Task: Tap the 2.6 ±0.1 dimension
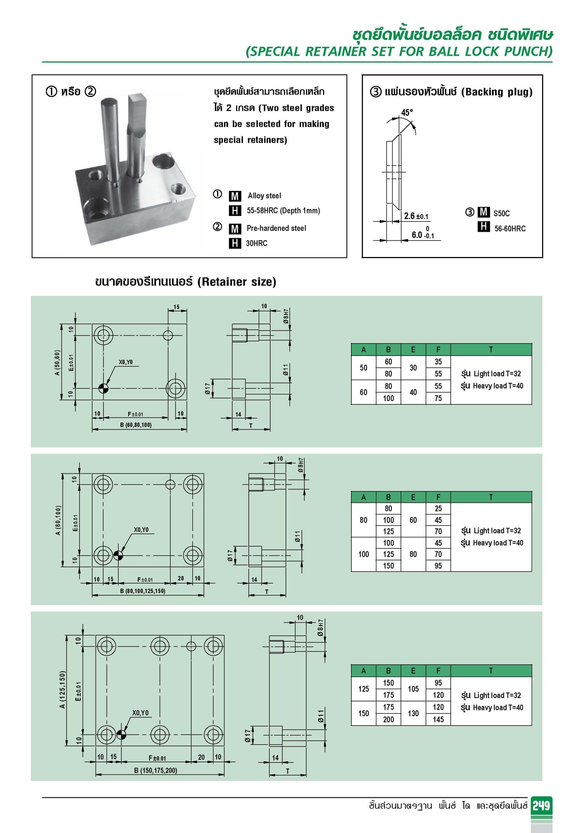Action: [x=416, y=216]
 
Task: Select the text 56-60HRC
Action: [x=510, y=229]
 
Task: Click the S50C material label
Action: [x=501, y=213]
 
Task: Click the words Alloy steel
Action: [x=264, y=196]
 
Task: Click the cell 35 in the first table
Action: [x=438, y=362]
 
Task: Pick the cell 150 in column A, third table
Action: [x=363, y=713]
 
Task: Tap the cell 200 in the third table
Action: [x=388, y=720]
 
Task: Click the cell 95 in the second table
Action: [x=438, y=566]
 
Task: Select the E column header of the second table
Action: [x=413, y=497]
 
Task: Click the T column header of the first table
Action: [x=491, y=349]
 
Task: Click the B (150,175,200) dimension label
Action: [x=155, y=770]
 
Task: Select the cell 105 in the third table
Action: [x=413, y=689]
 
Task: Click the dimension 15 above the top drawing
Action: [x=176, y=307]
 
